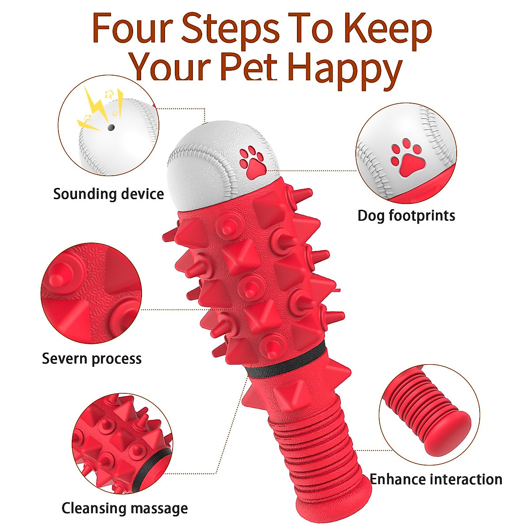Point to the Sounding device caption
[108, 194]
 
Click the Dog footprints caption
[406, 215]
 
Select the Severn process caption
[92, 358]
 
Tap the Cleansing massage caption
[124, 508]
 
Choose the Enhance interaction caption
[436, 479]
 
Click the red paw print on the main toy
[251, 162]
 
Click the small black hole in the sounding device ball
[111, 127]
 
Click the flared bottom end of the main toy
[332, 500]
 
